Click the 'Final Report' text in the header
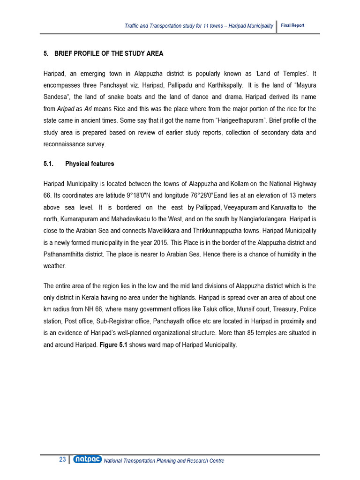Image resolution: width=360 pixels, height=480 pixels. [x=292, y=25]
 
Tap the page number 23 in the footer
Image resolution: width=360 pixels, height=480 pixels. [x=62, y=460]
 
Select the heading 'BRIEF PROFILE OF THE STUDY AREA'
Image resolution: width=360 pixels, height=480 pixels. [x=109, y=53]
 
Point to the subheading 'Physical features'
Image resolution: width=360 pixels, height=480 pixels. [x=90, y=164]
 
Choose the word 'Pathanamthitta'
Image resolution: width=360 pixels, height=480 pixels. [x=65, y=255]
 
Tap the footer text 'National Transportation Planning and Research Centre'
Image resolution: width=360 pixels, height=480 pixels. [x=164, y=461]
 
